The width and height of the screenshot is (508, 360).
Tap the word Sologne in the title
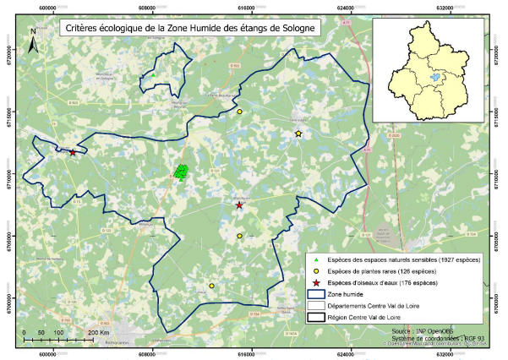(297, 28)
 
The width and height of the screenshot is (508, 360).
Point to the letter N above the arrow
(32, 31)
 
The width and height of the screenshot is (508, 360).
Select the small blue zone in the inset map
(434, 77)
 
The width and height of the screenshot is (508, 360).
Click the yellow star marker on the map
(298, 134)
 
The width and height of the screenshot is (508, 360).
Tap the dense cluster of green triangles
(181, 172)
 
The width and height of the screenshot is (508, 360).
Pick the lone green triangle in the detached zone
(154, 75)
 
